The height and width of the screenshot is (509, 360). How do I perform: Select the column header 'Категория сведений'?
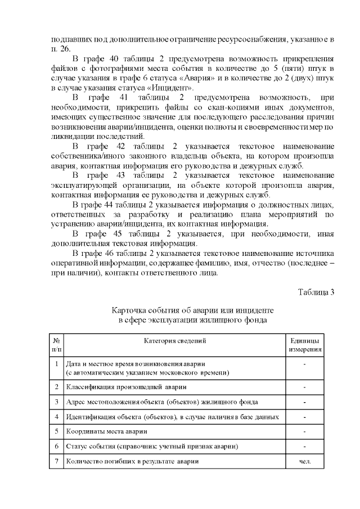coord(175,341)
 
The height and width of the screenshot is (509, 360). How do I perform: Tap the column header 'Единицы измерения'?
coord(305,345)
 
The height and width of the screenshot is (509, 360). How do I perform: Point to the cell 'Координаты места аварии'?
coord(107,431)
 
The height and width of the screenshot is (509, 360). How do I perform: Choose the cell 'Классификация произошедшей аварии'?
coord(127,387)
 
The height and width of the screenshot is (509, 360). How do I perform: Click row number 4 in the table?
coord(57,417)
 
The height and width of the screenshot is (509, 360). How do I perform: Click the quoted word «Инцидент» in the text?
coord(175,88)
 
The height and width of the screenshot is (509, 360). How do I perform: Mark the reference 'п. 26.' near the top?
coord(60,49)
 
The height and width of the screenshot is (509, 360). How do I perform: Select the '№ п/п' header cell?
coord(57,345)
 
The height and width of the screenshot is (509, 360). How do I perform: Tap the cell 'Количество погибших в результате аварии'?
coord(132,461)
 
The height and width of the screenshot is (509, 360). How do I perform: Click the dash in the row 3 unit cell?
coord(305,402)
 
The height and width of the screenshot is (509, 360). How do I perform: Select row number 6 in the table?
coord(57,446)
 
